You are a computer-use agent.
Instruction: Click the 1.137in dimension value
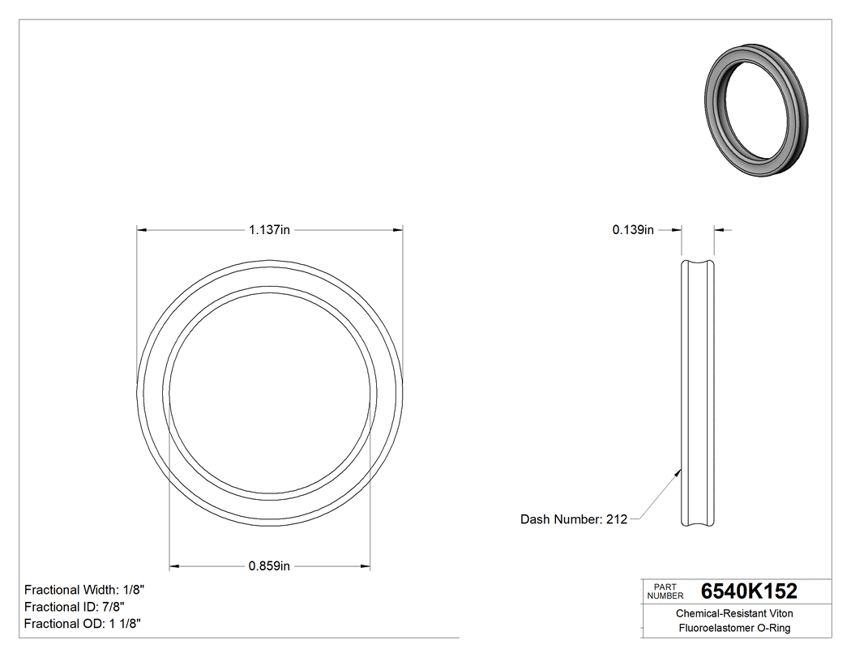[269, 230]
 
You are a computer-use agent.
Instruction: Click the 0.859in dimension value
[269, 565]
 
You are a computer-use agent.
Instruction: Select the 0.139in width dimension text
[632, 230]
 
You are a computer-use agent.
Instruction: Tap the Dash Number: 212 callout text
[573, 519]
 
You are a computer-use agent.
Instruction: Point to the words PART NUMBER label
[666, 591]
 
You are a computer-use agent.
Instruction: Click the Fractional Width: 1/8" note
[84, 590]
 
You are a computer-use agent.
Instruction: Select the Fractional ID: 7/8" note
[74, 607]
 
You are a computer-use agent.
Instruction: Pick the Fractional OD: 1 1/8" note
[83, 623]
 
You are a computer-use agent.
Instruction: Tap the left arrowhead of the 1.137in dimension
[142, 230]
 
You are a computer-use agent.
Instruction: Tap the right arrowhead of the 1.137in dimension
[398, 230]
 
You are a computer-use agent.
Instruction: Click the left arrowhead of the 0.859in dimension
[174, 565]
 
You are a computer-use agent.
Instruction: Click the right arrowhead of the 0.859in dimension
[366, 565]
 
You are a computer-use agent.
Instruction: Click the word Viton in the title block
[780, 614]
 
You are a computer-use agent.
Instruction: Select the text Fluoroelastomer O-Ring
[734, 629]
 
